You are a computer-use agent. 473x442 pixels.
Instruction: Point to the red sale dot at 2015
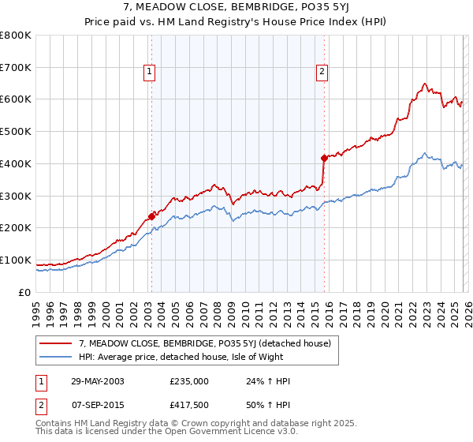point(324,158)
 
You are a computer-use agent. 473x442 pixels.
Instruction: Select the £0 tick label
point(25,292)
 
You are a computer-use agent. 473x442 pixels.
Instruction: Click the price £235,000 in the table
point(188,381)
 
